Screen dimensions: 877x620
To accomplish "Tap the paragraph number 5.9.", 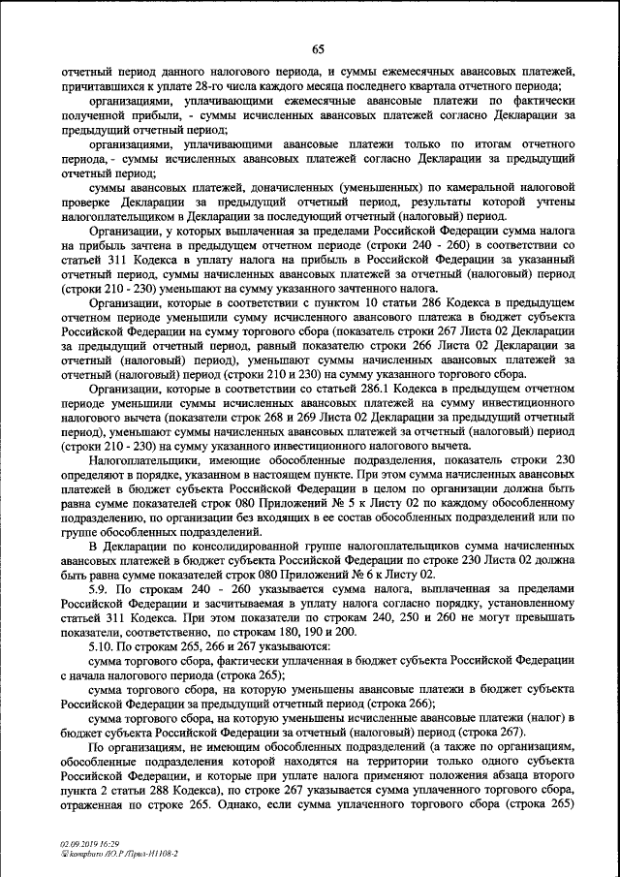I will tap(99, 589).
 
